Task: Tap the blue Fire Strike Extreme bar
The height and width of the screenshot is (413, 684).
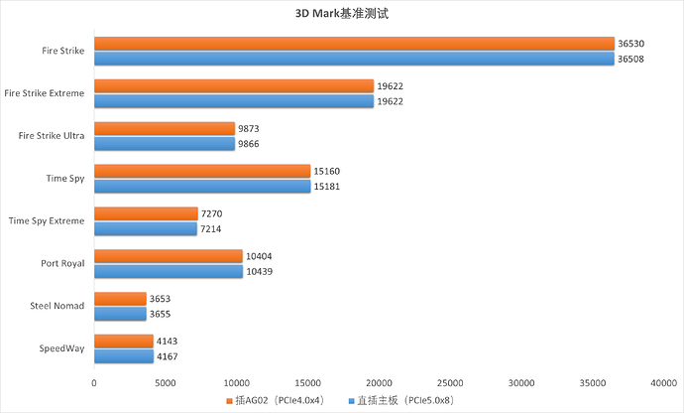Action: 234,100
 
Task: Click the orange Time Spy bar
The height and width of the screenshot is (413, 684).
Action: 202,171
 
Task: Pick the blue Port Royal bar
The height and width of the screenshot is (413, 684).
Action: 169,271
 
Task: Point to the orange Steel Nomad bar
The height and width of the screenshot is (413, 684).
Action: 120,299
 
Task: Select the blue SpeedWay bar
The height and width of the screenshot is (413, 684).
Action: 124,356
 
